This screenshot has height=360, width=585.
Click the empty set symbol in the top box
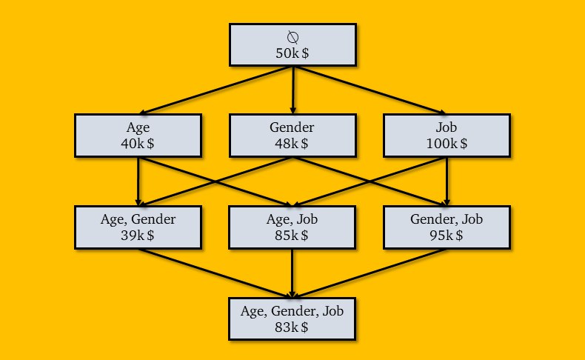293,37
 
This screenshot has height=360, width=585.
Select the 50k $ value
292,53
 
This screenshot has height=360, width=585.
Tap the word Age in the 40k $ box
138,128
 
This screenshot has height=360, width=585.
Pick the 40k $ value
137,144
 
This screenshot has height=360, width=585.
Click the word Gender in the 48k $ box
292,127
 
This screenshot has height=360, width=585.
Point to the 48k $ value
292,144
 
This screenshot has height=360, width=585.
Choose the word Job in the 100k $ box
447,127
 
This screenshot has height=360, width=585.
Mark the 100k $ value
447,144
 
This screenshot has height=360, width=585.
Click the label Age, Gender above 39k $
138,219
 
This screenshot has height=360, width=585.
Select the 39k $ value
137,236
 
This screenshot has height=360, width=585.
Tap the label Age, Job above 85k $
292,219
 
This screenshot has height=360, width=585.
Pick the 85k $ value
292,236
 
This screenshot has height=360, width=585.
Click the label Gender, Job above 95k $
447,219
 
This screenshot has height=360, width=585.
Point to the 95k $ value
447,236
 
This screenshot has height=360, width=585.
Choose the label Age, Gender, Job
292,311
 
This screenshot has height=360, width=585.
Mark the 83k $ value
292,327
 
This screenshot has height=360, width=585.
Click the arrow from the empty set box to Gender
293,90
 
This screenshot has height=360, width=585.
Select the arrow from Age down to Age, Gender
138,181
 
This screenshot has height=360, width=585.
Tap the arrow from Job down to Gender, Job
447,181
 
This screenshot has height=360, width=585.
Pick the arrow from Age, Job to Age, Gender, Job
292,273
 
